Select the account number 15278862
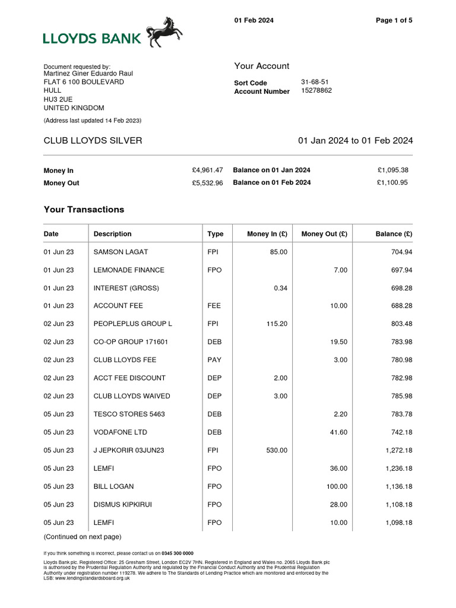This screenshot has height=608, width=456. coord(316,91)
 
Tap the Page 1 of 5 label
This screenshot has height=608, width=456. coord(394,20)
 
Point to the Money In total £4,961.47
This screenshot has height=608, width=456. coord(207,170)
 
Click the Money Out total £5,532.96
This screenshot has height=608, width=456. coord(207,183)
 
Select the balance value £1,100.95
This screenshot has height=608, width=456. coord(392,182)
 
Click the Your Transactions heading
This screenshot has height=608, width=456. coord(84,210)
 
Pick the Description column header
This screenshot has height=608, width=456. coord(112,234)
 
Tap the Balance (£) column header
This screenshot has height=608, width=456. coord(394,234)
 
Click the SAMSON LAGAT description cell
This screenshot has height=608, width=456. coord(121,252)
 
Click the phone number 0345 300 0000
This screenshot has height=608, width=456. coord(175,553)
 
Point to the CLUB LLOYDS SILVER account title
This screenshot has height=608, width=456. coord(93,141)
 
